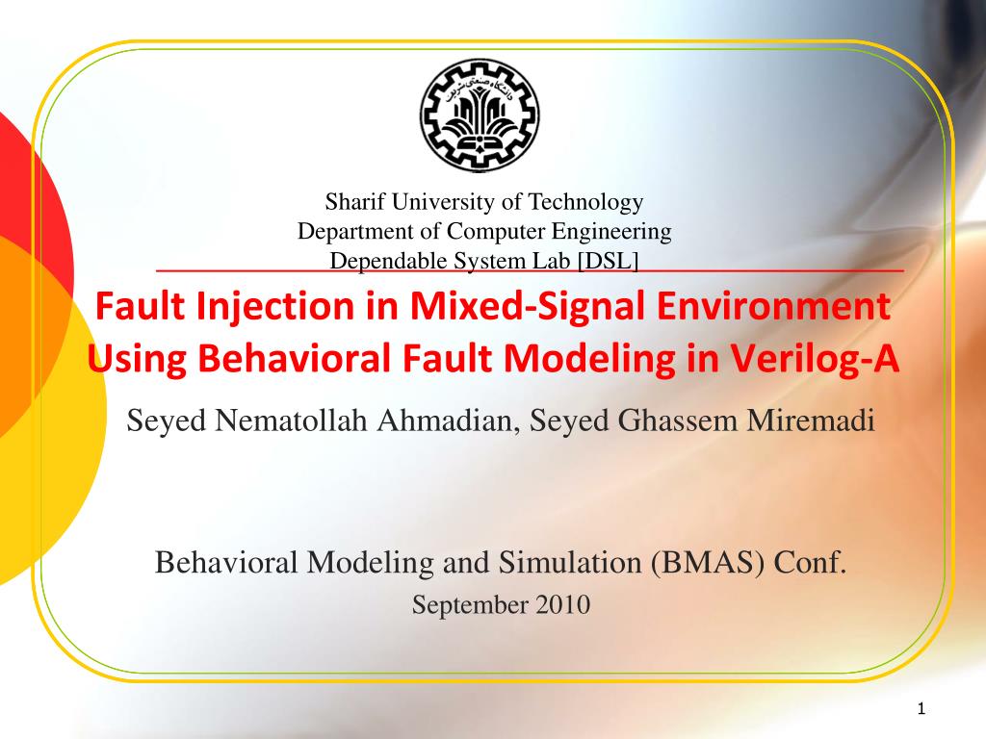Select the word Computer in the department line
click(x=488, y=232)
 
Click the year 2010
click(x=562, y=605)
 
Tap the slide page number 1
click(x=921, y=710)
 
